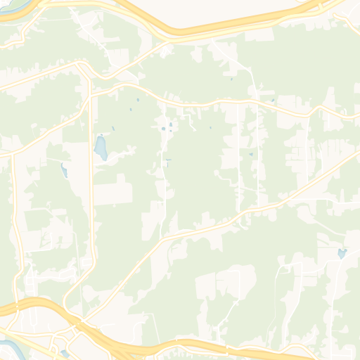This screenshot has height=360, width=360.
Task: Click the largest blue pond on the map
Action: (x=101, y=148)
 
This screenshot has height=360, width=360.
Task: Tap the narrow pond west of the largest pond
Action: (x=65, y=170)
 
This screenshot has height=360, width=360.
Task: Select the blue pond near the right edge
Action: (x=342, y=253)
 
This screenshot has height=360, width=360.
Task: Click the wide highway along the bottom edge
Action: (x=211, y=347)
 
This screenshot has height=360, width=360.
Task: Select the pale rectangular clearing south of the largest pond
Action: (x=112, y=190)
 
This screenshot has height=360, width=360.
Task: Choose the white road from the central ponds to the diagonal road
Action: (x=163, y=183)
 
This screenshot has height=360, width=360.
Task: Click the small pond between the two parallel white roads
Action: (x=250, y=154)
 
